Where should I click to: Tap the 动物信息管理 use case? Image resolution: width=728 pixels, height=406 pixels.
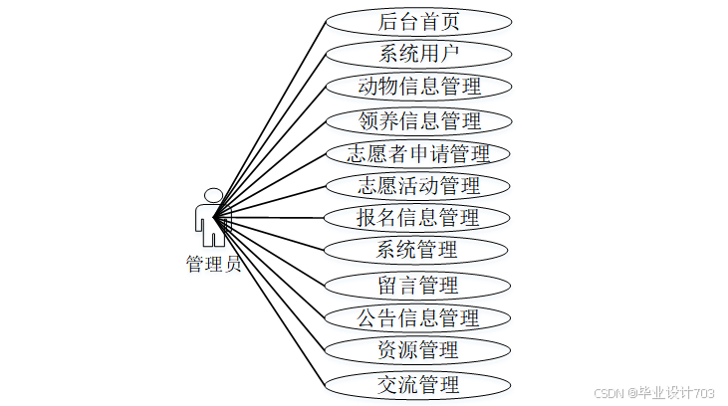[418, 87]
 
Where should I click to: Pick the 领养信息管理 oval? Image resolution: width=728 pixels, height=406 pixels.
[418, 121]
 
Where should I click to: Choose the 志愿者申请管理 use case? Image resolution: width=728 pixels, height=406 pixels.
[418, 154]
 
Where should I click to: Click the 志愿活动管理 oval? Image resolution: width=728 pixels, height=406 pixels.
[418, 186]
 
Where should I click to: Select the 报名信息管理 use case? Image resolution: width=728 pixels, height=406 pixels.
[418, 218]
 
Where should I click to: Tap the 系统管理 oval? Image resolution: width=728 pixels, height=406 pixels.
[418, 250]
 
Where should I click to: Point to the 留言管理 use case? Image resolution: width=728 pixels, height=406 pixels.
[418, 285]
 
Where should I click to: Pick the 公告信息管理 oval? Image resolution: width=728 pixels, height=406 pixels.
[418, 318]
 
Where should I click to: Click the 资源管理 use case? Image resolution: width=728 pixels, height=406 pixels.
[418, 350]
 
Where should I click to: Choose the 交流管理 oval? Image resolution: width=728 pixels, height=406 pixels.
[418, 383]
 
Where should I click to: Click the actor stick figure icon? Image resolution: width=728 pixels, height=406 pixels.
[211, 219]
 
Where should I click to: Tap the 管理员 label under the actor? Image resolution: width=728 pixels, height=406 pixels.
[213, 264]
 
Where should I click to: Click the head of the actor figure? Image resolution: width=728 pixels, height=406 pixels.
[212, 195]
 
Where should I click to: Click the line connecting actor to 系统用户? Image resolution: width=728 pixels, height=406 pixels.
[271, 130]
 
